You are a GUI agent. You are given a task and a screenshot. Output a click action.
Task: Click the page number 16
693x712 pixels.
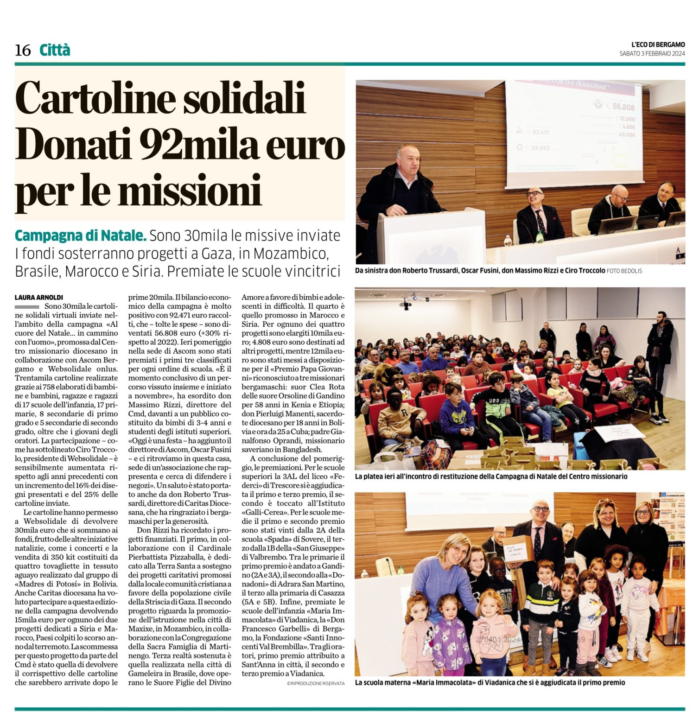tap(23, 50)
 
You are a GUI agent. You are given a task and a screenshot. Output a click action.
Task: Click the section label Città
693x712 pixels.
tap(55, 50)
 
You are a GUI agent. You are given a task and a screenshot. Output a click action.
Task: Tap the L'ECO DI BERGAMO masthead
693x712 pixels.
tap(658, 44)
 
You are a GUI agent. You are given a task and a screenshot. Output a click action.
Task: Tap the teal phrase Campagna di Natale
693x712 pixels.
tap(81, 235)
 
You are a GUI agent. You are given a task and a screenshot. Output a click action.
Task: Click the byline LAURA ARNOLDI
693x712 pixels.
tap(39, 297)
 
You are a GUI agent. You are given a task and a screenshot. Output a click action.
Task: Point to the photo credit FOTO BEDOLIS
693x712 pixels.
tap(624, 271)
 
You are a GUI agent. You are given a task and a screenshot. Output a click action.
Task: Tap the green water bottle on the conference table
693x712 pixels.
tap(539, 236)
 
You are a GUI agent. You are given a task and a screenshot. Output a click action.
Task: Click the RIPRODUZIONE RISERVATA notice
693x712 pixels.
tap(315, 684)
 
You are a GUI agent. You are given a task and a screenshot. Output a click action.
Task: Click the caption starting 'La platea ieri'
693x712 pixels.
tap(491, 477)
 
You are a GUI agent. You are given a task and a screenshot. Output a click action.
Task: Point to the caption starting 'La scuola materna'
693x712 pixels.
tap(490, 682)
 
